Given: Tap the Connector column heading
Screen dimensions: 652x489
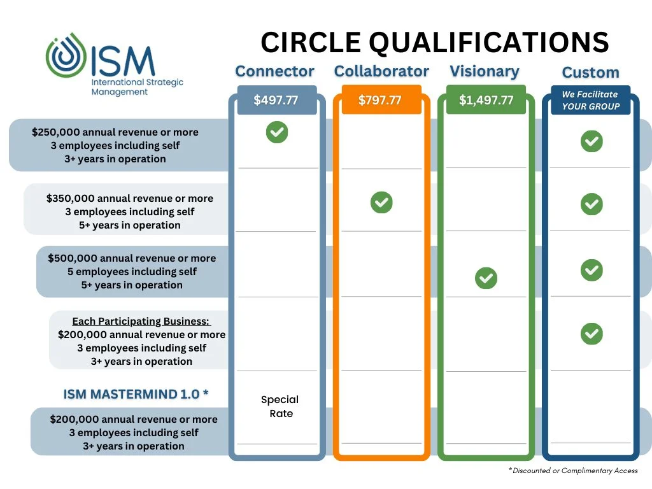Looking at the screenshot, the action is [274, 71].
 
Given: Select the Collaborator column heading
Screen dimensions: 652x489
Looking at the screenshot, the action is [381, 71].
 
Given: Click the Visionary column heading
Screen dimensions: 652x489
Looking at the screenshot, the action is [485, 71].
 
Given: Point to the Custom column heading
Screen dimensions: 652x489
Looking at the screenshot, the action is [590, 73].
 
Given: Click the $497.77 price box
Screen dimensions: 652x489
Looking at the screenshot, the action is [276, 101].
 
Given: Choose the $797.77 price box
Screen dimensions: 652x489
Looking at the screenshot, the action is [381, 101].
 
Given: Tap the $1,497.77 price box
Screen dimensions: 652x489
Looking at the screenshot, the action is [486, 101].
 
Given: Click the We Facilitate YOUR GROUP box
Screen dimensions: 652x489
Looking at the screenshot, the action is [590, 101].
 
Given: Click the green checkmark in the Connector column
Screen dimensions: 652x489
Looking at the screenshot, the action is [277, 132].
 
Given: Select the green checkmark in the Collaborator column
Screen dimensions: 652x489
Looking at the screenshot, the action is [381, 202].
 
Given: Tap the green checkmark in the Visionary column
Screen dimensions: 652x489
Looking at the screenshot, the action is [486, 278].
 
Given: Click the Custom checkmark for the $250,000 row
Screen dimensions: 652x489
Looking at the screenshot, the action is [592, 141].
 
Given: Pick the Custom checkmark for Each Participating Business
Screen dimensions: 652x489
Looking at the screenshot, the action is [592, 333].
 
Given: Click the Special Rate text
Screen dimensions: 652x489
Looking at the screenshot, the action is [280, 407].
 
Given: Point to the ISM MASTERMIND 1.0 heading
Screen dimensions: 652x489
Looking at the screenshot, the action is [136, 394].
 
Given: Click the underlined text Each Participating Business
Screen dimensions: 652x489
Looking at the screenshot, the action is [141, 322].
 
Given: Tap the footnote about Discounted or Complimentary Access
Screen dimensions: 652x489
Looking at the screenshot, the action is [572, 471].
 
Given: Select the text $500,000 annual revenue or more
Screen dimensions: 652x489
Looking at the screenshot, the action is [132, 259].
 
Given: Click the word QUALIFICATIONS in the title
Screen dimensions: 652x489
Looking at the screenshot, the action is [490, 43].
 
